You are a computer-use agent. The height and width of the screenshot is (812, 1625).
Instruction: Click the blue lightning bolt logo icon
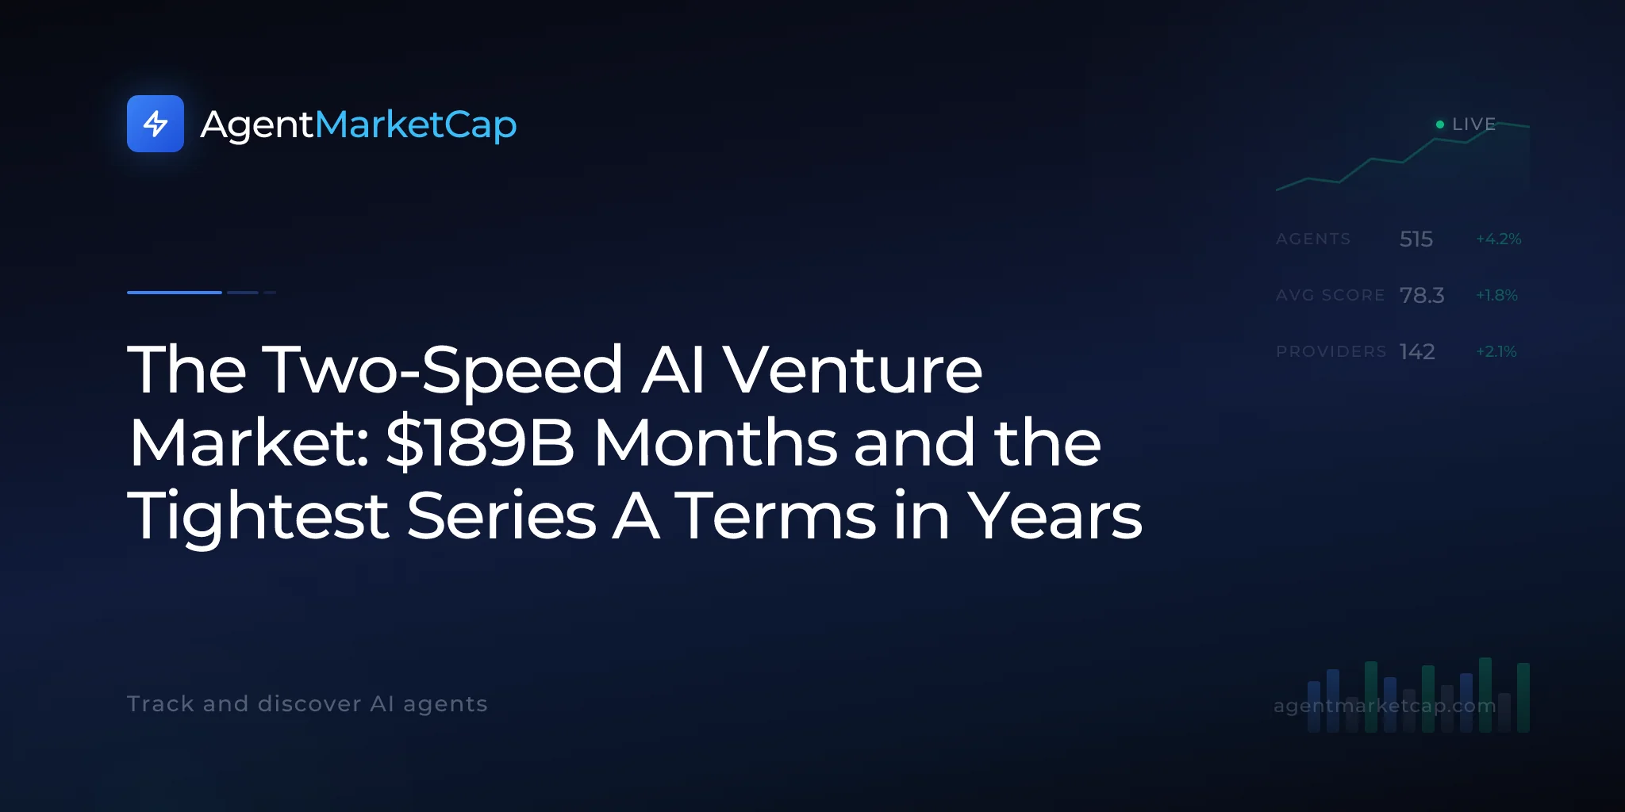(156, 124)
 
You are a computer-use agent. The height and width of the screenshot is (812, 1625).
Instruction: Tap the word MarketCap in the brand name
(416, 125)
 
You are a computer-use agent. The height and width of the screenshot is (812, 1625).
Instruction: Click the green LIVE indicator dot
(1440, 124)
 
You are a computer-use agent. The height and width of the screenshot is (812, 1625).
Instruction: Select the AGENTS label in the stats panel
(1313, 239)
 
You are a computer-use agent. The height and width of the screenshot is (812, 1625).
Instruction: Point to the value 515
(1416, 239)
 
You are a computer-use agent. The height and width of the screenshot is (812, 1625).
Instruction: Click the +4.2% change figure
(1499, 239)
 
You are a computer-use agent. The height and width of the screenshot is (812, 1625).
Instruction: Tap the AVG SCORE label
(1331, 295)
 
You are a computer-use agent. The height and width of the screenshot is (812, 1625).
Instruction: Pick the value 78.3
(1422, 295)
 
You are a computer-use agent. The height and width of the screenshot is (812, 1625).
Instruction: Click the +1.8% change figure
(1496, 295)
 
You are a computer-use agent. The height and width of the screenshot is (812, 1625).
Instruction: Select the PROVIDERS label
(1331, 351)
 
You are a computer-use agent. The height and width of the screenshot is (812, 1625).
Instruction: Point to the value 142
(1417, 351)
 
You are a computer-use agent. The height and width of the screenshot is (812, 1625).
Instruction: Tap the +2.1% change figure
(1496, 351)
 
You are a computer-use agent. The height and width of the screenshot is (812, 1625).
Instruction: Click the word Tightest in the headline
(259, 517)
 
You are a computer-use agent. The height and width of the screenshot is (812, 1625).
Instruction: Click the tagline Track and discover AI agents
(307, 704)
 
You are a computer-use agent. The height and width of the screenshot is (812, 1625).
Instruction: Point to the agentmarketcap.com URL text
(1385, 706)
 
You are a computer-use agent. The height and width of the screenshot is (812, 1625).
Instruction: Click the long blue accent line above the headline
(175, 293)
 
